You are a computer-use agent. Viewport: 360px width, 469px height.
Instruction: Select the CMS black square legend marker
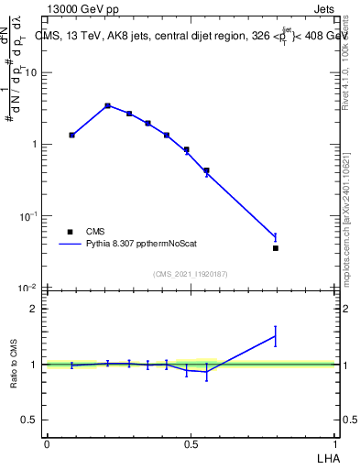70,232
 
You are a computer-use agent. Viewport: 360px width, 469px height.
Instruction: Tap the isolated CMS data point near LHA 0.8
275,248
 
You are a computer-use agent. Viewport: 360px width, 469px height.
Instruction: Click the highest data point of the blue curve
108,105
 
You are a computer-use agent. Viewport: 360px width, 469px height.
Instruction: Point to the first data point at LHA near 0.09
72,135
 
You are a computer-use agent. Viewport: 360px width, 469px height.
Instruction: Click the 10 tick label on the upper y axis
32,72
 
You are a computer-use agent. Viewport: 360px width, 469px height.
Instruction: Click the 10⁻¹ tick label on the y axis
29,216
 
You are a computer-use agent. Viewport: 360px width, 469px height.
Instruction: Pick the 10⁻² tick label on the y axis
29,288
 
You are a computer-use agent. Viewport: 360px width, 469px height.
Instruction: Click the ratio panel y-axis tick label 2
34,309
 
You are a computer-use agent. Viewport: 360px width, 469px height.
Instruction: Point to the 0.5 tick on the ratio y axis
30,420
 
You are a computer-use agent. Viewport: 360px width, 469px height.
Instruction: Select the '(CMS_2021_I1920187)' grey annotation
190,273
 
